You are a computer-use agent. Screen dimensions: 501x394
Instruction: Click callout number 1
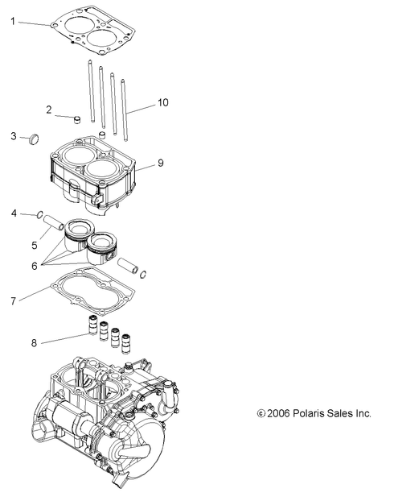tap(13, 22)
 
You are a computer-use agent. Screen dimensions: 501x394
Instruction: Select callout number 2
tap(49, 109)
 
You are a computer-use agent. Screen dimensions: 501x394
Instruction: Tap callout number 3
tap(13, 136)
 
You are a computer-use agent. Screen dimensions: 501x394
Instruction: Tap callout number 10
tap(163, 102)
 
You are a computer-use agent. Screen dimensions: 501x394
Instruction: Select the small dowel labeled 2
tap(78, 121)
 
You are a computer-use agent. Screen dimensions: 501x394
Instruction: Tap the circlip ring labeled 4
tap(39, 215)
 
